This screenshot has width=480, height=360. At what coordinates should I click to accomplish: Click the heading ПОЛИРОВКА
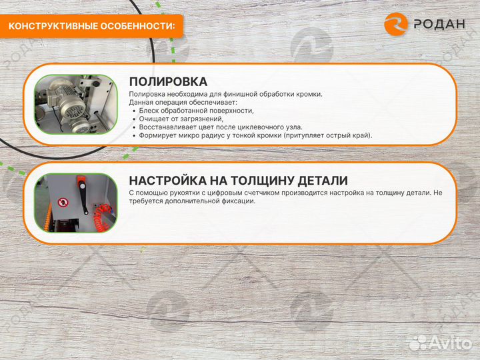click(168, 81)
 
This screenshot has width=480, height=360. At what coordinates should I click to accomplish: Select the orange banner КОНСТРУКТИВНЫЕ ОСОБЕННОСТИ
click(93, 26)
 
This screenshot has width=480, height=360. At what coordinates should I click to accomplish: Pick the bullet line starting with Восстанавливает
click(220, 127)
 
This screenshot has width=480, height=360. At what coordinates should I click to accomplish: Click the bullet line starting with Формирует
click(255, 135)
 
